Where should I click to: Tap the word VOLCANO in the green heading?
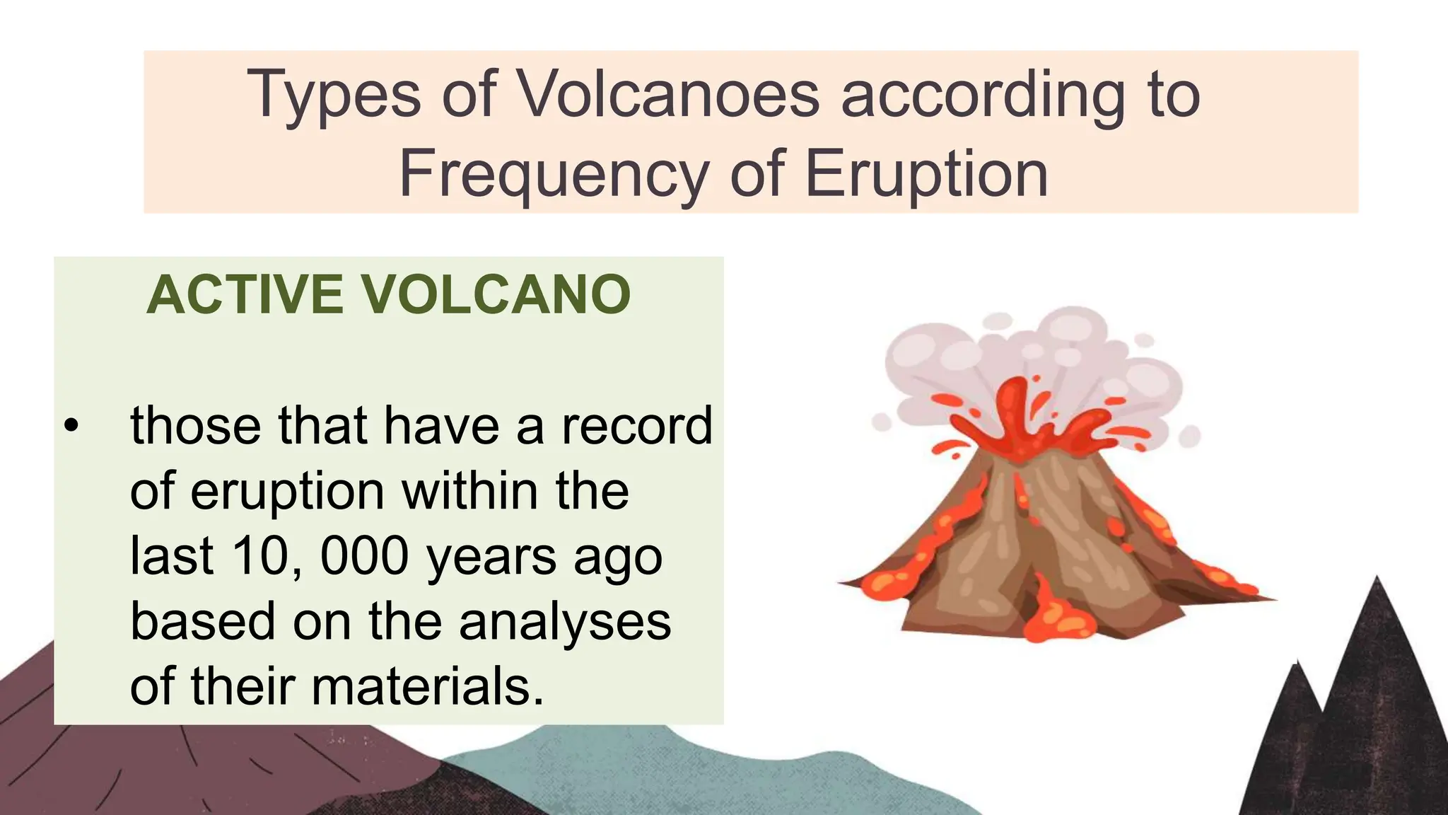pyautogui.click(x=496, y=294)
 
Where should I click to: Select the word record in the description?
pyautogui.click(x=636, y=426)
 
